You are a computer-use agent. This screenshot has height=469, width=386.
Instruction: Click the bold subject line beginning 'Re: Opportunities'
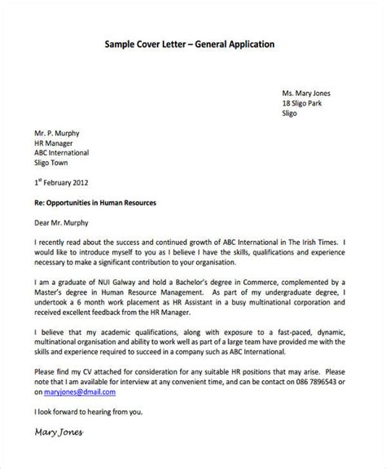(95, 200)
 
